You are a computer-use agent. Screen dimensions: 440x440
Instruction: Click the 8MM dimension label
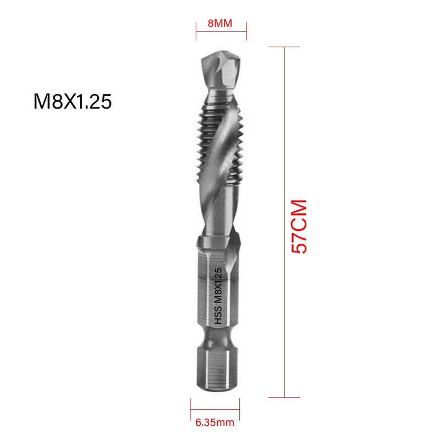click(x=221, y=24)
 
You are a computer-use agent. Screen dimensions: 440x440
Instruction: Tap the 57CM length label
click(x=299, y=226)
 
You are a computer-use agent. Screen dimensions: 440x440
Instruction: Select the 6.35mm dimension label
click(x=213, y=423)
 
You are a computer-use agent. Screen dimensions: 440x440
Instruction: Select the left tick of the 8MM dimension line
click(x=196, y=31)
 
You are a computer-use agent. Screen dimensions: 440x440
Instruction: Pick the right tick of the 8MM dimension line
click(x=246, y=31)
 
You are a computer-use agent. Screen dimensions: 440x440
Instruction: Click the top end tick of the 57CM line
click(x=284, y=47)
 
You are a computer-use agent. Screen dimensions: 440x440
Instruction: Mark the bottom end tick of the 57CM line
click(x=284, y=397)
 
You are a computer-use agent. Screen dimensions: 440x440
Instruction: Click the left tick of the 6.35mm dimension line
click(x=190, y=408)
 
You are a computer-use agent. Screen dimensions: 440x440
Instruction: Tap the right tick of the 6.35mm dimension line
click(x=237, y=408)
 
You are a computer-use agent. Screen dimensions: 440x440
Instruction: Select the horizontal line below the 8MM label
click(x=221, y=31)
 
